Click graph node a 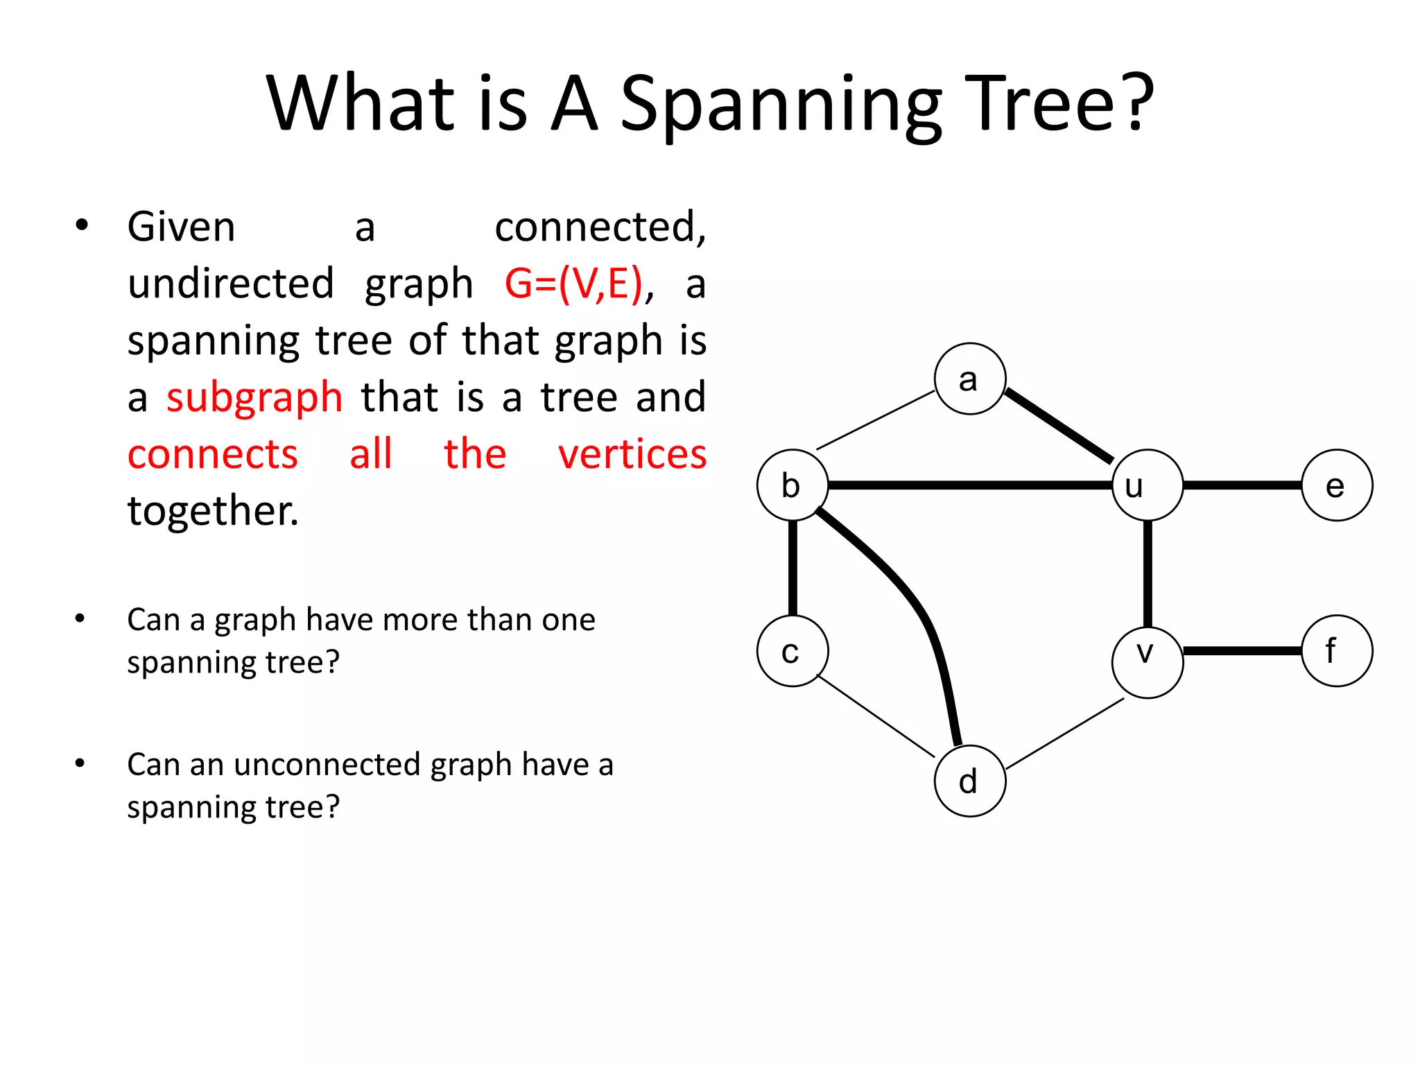(x=969, y=379)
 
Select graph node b (x=793, y=485)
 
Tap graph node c (x=793, y=651)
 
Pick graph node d (x=969, y=781)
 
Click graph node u (x=1147, y=485)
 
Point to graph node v (x=1147, y=662)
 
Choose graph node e (x=1336, y=485)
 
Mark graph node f (x=1336, y=651)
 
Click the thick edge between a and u (x=1059, y=425)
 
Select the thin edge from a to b (x=876, y=420)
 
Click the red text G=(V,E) (x=573, y=284)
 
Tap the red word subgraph (x=254, y=398)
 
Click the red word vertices (x=632, y=455)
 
